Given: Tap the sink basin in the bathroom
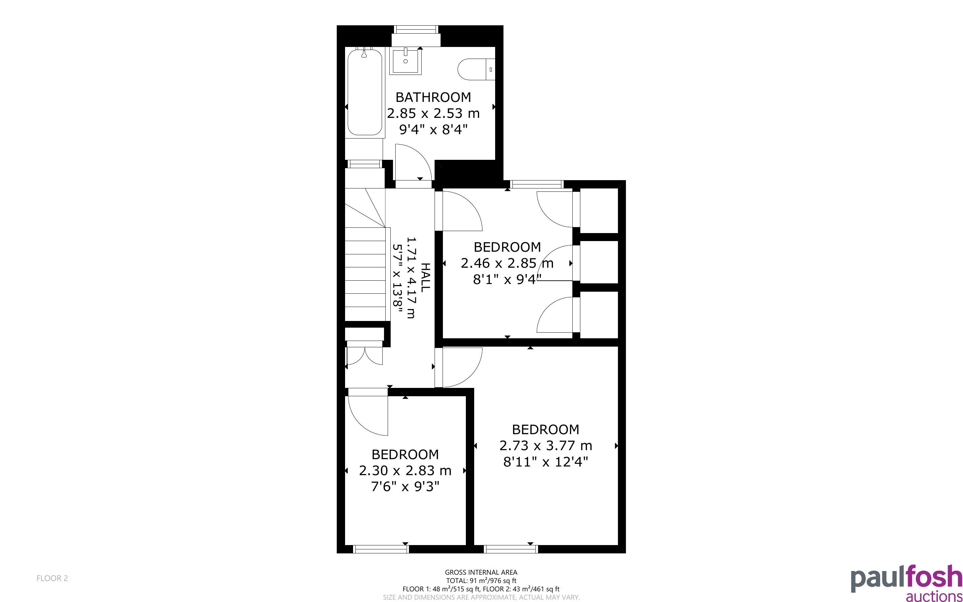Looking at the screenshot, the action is pyautogui.click(x=405, y=61).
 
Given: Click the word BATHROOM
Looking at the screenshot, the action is pyautogui.click(x=433, y=97).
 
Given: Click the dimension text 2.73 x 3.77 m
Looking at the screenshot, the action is pyautogui.click(x=546, y=445).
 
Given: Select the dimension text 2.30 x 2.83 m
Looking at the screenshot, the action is pyautogui.click(x=405, y=470).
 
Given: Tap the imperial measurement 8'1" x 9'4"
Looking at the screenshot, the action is pyautogui.click(x=507, y=279).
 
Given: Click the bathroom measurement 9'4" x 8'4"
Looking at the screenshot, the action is pyautogui.click(x=433, y=130).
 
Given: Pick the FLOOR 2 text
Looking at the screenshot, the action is pyautogui.click(x=52, y=578).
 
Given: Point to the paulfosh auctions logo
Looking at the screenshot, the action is pyautogui.click(x=906, y=583).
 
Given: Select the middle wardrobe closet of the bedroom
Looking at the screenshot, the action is pyautogui.click(x=599, y=262).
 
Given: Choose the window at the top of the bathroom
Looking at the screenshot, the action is pyautogui.click(x=416, y=29).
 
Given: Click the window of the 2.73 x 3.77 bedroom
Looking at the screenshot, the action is pyautogui.click(x=511, y=549).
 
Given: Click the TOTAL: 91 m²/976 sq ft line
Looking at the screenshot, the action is pyautogui.click(x=481, y=580).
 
